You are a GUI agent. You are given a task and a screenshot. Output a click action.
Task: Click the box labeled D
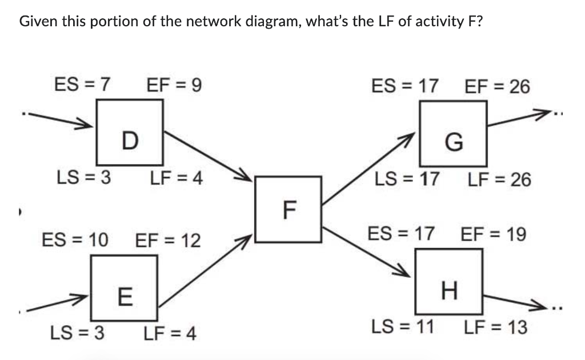[130, 132]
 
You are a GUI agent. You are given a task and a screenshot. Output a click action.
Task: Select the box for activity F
[289, 209]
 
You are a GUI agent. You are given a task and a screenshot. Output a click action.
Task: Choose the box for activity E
[124, 288]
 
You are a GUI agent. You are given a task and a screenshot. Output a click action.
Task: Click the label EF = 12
[168, 241]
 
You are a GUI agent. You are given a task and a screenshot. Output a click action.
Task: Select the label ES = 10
[75, 240]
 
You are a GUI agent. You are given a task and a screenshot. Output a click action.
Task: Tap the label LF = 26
[499, 180]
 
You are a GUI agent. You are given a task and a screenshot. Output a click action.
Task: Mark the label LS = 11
[402, 327]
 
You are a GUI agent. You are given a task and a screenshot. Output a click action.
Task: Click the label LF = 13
[495, 327]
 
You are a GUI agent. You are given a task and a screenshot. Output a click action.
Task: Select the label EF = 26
[498, 87]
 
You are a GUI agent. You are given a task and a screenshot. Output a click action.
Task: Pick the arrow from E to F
[204, 270]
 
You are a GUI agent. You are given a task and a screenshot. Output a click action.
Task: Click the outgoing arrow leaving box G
[520, 118]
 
